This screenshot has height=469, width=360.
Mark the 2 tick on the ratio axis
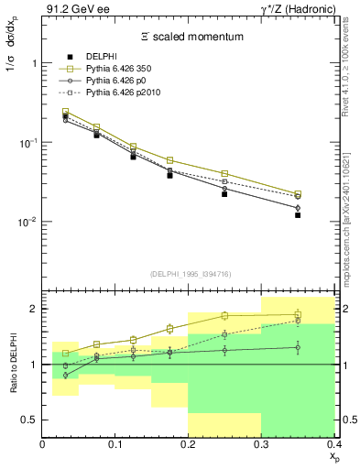click(x=33, y=309)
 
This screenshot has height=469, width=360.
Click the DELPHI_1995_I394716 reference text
click(x=191, y=274)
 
